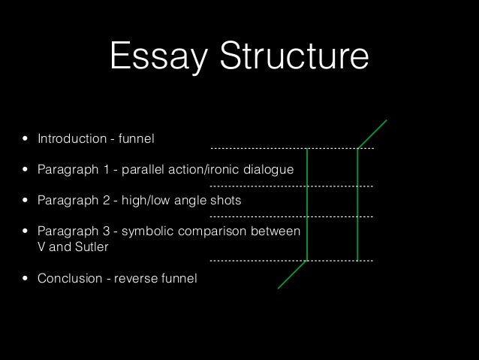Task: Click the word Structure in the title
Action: click(x=286, y=57)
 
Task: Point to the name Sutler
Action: click(x=94, y=247)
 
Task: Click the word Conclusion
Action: click(x=68, y=279)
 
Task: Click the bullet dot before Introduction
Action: click(x=26, y=140)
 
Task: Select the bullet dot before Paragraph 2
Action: click(x=26, y=201)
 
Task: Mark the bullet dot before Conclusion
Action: click(x=26, y=279)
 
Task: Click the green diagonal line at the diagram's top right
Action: click(x=372, y=134)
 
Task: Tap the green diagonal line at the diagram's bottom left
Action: click(x=293, y=274)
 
